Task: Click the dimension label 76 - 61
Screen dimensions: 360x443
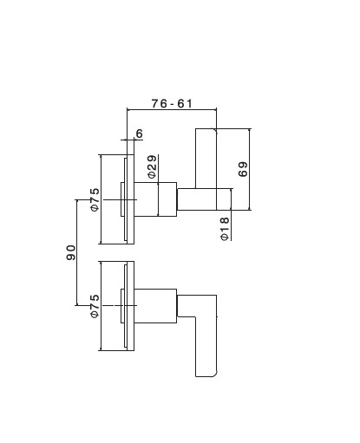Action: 172,103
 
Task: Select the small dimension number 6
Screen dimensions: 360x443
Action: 140,134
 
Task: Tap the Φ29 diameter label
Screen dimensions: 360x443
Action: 152,166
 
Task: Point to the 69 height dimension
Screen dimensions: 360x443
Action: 243,169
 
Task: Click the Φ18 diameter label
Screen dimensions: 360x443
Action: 225,229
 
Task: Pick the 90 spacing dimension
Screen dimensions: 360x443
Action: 71,252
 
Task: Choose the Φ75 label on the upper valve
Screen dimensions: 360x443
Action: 95,199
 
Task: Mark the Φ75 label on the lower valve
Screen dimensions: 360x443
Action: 95,306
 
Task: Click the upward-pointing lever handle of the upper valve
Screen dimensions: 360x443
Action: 206,159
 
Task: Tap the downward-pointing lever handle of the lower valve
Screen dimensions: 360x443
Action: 206,347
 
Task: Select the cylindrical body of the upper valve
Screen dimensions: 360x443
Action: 155,199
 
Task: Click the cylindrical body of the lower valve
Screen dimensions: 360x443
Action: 155,306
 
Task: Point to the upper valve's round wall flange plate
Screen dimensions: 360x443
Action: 130,199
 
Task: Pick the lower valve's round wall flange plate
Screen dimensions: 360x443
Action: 130,306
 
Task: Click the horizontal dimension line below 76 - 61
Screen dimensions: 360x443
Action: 172,109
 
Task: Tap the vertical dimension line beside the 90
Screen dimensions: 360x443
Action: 77,252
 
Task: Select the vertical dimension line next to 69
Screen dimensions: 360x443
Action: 249,169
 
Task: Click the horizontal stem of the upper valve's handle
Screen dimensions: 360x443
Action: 204,199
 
